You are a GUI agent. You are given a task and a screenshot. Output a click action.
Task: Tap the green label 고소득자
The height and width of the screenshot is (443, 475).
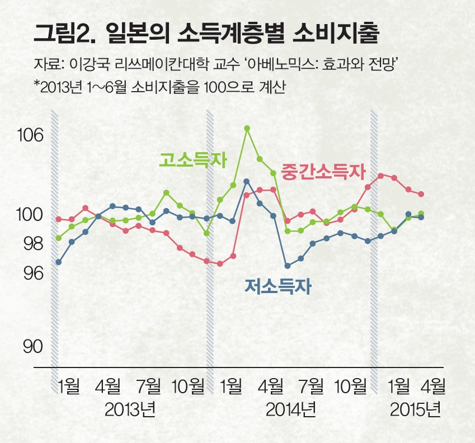(x=193, y=161)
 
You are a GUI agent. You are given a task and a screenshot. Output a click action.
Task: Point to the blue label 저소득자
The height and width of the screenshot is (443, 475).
(x=278, y=286)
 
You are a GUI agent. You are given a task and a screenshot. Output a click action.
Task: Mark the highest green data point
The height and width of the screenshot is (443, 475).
(x=247, y=128)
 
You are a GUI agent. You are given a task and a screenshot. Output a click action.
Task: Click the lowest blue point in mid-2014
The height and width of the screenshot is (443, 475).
(x=288, y=266)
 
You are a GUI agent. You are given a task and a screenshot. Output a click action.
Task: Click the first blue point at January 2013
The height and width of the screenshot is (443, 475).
(x=58, y=262)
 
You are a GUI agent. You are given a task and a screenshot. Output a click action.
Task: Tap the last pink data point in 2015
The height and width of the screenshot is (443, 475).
(x=421, y=194)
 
